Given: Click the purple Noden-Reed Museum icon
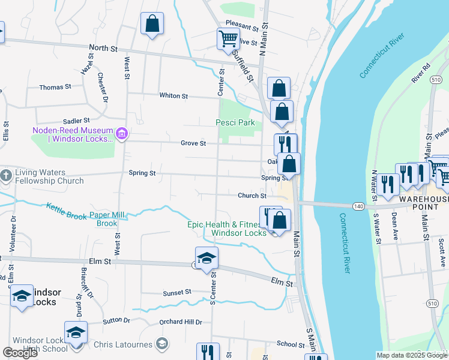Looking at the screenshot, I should [x=122, y=133].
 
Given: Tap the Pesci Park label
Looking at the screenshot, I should [x=235, y=123].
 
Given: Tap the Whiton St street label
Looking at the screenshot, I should [x=173, y=96].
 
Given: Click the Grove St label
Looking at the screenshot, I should [x=193, y=143].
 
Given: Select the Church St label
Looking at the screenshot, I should [x=252, y=196].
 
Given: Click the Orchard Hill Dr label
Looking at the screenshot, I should [x=181, y=322].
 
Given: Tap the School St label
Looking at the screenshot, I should [x=291, y=344].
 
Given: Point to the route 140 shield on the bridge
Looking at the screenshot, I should [x=358, y=205].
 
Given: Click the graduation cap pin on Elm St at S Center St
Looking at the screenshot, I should [x=206, y=259].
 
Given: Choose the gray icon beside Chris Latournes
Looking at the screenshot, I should [x=161, y=343].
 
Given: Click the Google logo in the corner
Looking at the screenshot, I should [x=20, y=353].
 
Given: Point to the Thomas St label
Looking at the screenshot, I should [x=55, y=87].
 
